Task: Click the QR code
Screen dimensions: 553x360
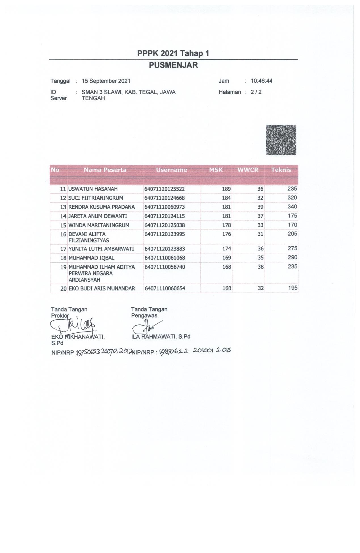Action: click(281, 140)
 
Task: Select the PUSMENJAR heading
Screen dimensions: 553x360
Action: click(173, 65)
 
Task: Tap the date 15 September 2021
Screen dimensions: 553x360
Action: click(106, 81)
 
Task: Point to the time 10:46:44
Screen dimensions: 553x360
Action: click(261, 81)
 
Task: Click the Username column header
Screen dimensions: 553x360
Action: click(171, 170)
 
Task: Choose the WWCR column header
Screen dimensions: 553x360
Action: click(248, 170)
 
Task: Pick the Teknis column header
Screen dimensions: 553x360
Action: click(281, 170)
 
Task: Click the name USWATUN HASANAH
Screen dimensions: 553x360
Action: click(93, 189)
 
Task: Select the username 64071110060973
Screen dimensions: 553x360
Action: click(165, 207)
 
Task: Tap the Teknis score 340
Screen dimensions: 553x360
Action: click(292, 207)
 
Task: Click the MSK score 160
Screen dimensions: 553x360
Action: click(227, 288)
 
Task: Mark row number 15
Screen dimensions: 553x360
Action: click(63, 225)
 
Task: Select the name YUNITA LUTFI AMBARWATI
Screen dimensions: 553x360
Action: click(101, 249)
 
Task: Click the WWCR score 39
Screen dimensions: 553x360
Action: click(260, 207)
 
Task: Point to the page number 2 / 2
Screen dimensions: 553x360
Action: click(256, 92)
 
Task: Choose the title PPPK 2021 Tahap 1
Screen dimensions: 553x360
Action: click(173, 53)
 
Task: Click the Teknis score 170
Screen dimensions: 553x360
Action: click(292, 225)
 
